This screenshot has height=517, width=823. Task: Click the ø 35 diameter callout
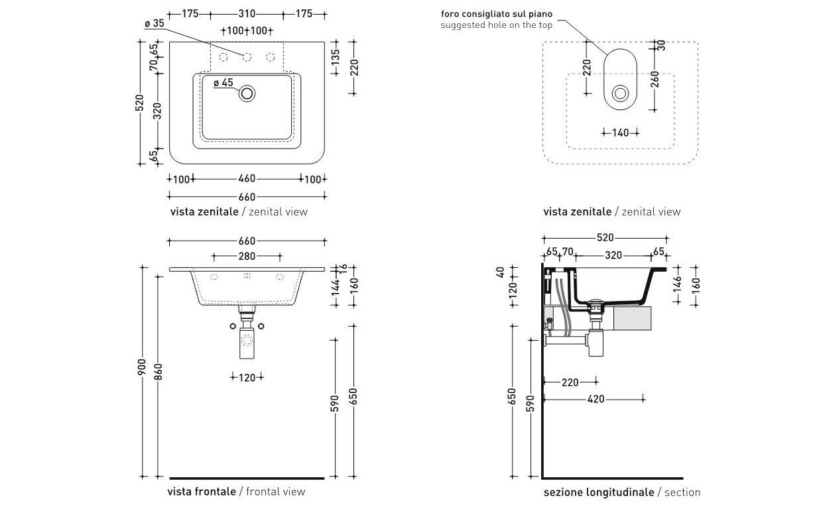pos(155,23)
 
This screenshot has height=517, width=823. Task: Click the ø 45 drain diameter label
pos(223,83)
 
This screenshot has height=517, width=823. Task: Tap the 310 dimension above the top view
pos(247,14)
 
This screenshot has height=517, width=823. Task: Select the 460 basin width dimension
pos(247,178)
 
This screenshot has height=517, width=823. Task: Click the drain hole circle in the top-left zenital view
pos(247,93)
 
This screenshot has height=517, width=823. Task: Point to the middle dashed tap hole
pos(247,57)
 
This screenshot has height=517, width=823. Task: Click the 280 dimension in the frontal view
pos(247,257)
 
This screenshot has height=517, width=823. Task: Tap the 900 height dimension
pos(141,367)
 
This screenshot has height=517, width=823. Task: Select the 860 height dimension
pos(158,373)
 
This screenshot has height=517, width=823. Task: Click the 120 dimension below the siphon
pos(247,378)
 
